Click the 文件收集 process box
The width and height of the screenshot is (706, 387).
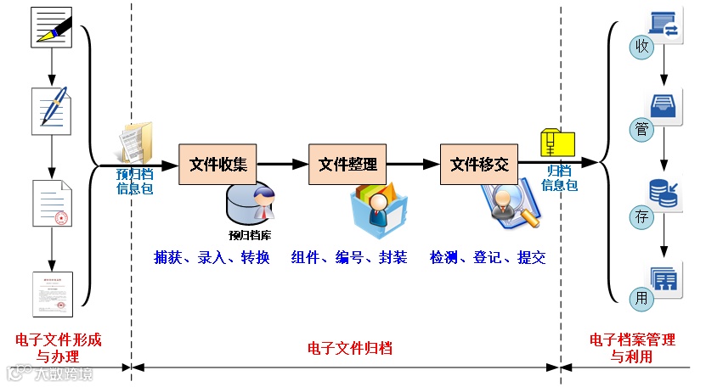pos(217,164)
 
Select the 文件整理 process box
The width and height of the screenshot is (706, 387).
pos(347,164)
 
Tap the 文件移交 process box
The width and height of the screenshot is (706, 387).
pos(478,164)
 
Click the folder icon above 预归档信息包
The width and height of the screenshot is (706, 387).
pos(136,143)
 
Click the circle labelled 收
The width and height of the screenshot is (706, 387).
pos(642,46)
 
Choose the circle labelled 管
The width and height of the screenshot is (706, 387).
pos(642,130)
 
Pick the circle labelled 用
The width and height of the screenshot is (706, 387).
pos(642,297)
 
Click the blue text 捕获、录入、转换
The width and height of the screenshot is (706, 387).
pos(212,258)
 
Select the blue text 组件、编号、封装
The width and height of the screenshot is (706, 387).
pos(348,258)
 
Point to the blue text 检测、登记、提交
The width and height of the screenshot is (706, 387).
pos(487,258)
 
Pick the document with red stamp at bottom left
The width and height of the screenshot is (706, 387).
pos(52,294)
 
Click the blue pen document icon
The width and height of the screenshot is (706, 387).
pos(52,110)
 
